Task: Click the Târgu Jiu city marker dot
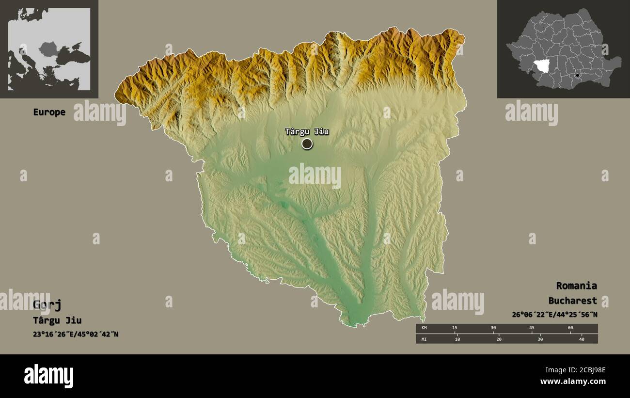point(307,143)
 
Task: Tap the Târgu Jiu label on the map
point(307,131)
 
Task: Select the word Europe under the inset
point(49,112)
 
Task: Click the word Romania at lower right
point(576,286)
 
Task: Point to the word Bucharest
point(572,301)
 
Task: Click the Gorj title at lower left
point(47,304)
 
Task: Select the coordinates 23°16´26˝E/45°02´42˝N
point(75,334)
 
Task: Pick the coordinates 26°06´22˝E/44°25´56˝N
point(554,315)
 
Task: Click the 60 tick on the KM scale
point(570,328)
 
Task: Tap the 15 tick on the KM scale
point(455,328)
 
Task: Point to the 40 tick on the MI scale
point(582,339)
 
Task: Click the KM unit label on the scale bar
point(424,328)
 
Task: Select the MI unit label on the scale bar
point(424,339)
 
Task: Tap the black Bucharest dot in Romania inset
point(577,76)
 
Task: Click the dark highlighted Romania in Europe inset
point(48,48)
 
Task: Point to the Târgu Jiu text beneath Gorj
point(57,320)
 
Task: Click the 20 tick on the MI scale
point(499,339)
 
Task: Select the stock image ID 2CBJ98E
point(585,370)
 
